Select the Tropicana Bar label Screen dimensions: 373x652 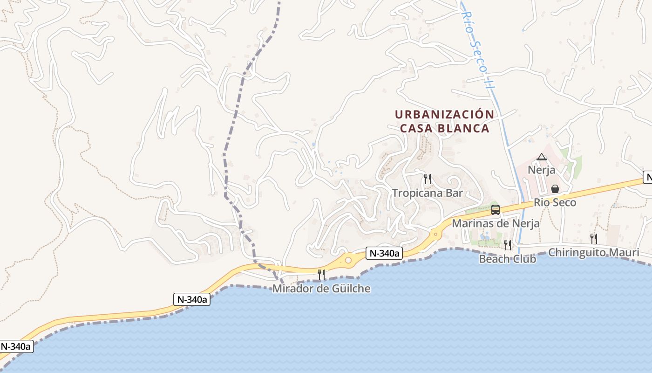tap(427, 193)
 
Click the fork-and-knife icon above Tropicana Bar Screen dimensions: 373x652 tap(427, 179)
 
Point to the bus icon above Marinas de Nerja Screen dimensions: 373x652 tap(496, 210)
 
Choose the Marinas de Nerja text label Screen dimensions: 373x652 tap(496, 223)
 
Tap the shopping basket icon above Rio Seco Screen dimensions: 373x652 tap(555, 189)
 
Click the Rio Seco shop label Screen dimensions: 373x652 tap(555, 202)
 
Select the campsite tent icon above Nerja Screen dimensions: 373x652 tap(541, 157)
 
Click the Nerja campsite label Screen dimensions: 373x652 tap(541, 170)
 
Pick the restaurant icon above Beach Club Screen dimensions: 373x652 tap(508, 245)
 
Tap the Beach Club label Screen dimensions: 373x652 tap(508, 259)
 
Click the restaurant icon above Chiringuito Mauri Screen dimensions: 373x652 tap(593, 239)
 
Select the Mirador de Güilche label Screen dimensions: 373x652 tap(321, 289)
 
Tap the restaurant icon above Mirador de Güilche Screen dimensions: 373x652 tap(321, 275)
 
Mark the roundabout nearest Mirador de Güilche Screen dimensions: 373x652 tap(348, 260)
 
